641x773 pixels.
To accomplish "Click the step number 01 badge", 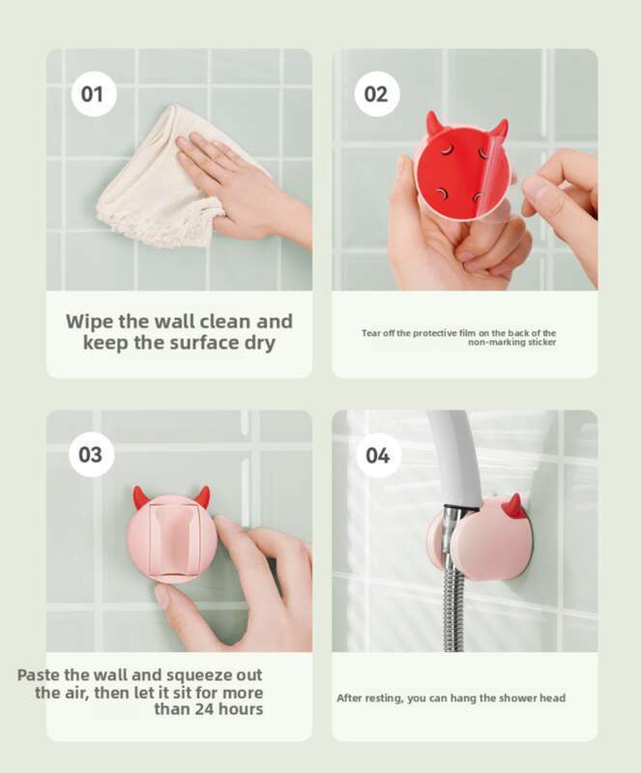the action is coord(92,94).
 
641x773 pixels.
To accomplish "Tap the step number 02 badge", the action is coord(376,94).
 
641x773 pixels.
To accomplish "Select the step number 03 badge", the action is coord(91,454).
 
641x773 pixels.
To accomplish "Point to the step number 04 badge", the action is coord(377,455).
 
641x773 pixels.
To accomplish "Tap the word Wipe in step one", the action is coord(90,322).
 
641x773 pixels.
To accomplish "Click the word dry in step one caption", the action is coord(260,344).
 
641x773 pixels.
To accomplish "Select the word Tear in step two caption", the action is coord(371,333).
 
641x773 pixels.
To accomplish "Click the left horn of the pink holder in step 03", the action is coord(140,497).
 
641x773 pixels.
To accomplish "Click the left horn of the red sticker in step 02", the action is coord(433,123).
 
